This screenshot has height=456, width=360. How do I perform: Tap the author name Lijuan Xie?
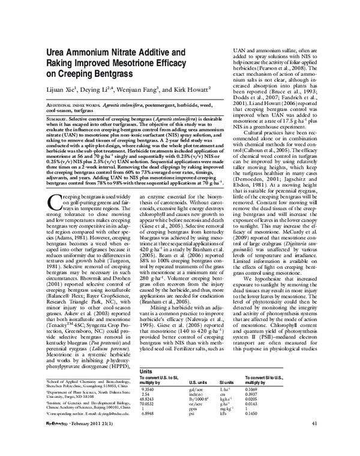pyautogui.click(x=64, y=91)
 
